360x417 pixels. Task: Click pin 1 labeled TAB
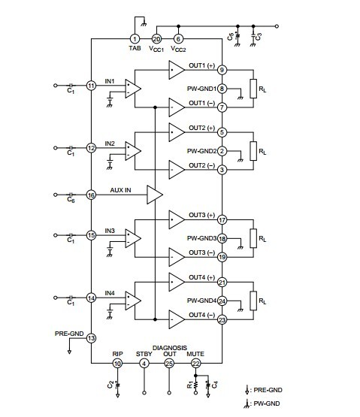click(x=135, y=39)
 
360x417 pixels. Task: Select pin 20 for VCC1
click(x=156, y=39)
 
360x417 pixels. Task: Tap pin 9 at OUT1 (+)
click(x=222, y=70)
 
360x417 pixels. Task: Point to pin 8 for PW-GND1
click(x=222, y=89)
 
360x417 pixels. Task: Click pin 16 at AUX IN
click(x=91, y=195)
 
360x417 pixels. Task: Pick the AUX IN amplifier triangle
click(x=155, y=195)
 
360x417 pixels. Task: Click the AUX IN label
click(x=120, y=190)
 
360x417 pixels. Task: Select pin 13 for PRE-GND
click(x=91, y=338)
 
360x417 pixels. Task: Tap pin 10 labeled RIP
click(x=117, y=364)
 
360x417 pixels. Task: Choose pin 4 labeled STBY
click(x=144, y=364)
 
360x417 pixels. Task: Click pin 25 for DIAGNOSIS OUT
click(x=169, y=364)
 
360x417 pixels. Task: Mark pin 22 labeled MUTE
click(x=196, y=364)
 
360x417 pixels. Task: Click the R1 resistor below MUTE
click(x=196, y=385)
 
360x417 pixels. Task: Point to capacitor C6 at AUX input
click(x=71, y=195)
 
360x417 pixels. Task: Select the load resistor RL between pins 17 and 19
click(x=253, y=238)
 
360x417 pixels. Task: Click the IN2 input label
click(x=110, y=144)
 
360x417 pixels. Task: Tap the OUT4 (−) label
click(x=201, y=315)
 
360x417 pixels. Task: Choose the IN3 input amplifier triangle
click(x=133, y=238)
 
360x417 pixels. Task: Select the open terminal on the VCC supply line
click(x=277, y=26)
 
